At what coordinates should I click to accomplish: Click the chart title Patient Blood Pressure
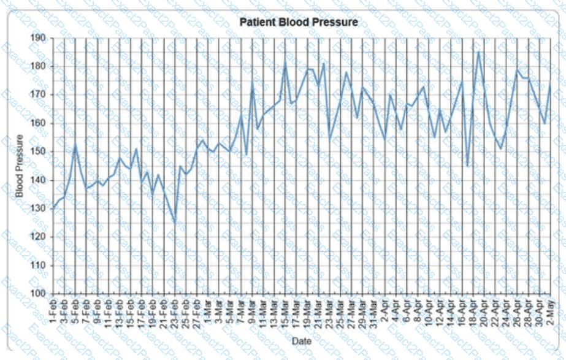pyautogui.click(x=299, y=23)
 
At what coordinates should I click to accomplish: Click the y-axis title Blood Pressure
pyautogui.click(x=20, y=166)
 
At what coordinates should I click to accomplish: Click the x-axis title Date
pyautogui.click(x=301, y=340)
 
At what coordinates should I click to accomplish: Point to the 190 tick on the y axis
pyautogui.click(x=39, y=38)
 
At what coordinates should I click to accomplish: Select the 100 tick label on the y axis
pyautogui.click(x=39, y=294)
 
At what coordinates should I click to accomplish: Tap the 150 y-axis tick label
pyautogui.click(x=39, y=151)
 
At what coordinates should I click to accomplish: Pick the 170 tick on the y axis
pyautogui.click(x=39, y=95)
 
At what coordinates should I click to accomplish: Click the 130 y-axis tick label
pyautogui.click(x=39, y=209)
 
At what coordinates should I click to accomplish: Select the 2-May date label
pyautogui.click(x=551, y=310)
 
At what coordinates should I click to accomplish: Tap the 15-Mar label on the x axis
pyautogui.click(x=285, y=312)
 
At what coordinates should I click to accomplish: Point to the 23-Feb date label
pyautogui.click(x=175, y=312)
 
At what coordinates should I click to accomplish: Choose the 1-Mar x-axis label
pyautogui.click(x=208, y=310)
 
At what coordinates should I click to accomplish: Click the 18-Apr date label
pyautogui.click(x=473, y=312)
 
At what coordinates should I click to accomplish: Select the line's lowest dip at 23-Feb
pyautogui.click(x=175, y=223)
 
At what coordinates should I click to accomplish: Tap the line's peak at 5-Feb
pyautogui.click(x=75, y=144)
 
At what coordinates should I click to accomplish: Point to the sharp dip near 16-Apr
pyautogui.click(x=468, y=166)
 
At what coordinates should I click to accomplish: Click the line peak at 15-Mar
pyautogui.click(x=285, y=62)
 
